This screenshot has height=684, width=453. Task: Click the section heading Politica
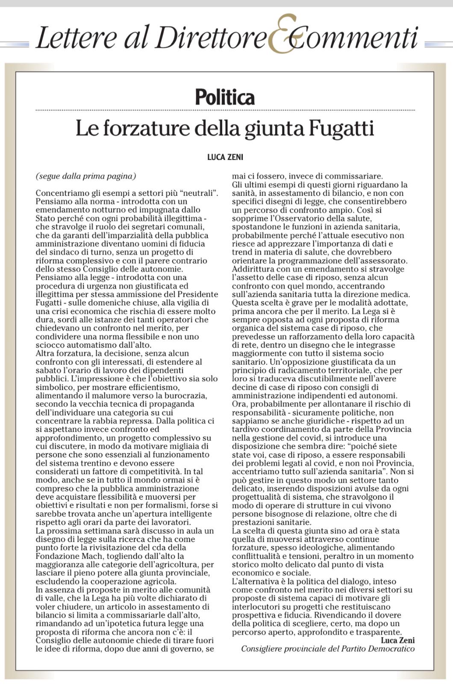click(x=225, y=97)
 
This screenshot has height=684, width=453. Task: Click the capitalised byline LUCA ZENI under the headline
click(x=225, y=157)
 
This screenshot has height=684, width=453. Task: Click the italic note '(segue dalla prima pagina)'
click(x=86, y=176)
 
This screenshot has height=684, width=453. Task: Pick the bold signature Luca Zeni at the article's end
click(x=397, y=640)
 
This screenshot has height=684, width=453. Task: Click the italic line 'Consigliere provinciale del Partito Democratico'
click(x=328, y=649)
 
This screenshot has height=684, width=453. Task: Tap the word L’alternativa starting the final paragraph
click(x=253, y=581)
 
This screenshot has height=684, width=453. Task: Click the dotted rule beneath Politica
click(x=225, y=110)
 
